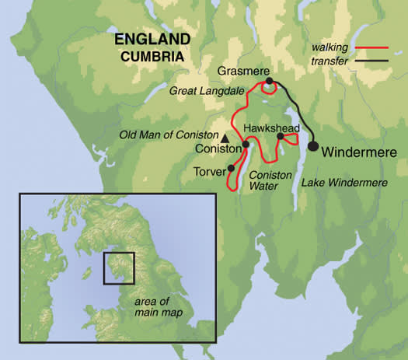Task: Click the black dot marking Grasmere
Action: [x=268, y=81]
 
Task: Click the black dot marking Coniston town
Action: [x=246, y=144]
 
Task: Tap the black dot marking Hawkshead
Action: [x=280, y=136]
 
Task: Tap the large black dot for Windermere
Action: [x=312, y=145]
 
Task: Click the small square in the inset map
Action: [x=119, y=267]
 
